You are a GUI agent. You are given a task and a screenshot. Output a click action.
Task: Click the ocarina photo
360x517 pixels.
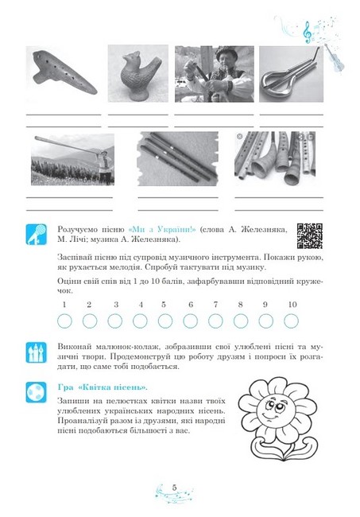click(64, 73)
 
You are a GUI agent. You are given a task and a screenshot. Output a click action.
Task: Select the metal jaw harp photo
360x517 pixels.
click(291, 74)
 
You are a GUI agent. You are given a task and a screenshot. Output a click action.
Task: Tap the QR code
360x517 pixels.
click(309, 235)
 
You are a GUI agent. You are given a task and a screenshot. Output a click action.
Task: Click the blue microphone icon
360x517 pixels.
click(37, 235)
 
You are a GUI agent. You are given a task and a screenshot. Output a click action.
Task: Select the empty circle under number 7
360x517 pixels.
click(215, 321)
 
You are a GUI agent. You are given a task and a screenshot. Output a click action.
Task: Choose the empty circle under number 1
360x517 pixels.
click(64, 321)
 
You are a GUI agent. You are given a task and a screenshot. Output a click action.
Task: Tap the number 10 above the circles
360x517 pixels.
click(292, 305)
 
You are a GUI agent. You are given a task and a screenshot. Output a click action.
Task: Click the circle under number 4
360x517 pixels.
click(140, 321)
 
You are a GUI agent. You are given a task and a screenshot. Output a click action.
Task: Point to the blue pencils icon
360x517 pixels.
click(37, 352)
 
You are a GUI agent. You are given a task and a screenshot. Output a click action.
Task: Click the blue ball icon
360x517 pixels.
click(37, 392)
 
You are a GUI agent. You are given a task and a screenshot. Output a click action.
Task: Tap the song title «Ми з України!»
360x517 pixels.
click(162, 229)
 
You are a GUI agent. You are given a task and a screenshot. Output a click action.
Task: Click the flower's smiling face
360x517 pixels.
click(275, 409)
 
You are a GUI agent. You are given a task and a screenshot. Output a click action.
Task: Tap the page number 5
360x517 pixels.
click(175, 488)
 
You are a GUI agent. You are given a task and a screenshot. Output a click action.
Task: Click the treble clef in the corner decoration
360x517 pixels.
click(308, 32)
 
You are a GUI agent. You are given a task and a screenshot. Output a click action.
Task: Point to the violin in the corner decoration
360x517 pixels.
click(334, 57)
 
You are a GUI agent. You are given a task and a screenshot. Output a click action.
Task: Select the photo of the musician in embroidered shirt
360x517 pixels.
click(215, 74)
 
